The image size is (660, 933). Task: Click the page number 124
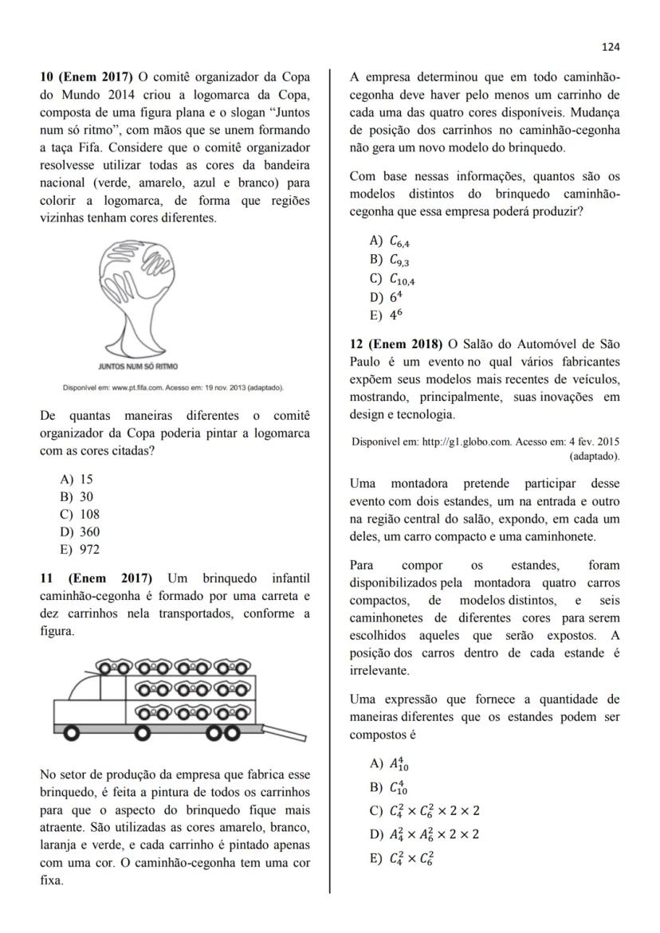coord(610,47)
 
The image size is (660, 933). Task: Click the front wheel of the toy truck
coord(71,732)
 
